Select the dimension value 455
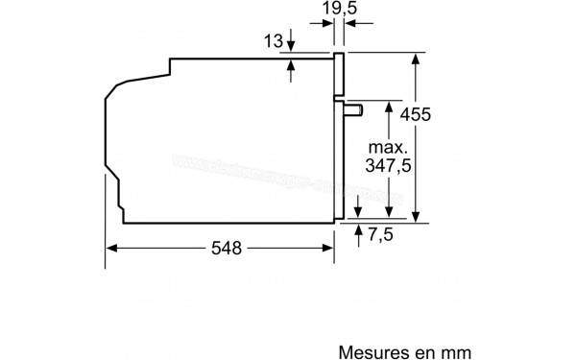click(444, 115)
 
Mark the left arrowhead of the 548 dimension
click(110, 248)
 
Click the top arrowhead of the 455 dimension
click(416, 57)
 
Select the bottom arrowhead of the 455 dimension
click(416, 218)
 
